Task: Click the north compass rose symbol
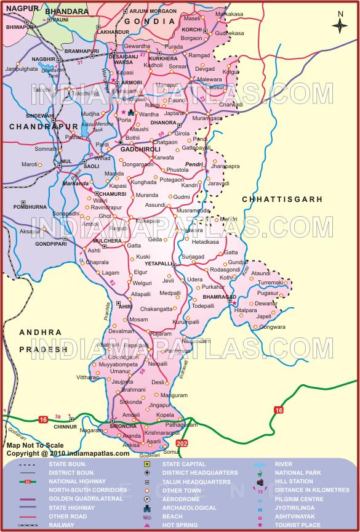(x=340, y=25)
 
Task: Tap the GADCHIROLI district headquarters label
(x=140, y=149)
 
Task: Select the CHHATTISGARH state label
(x=282, y=199)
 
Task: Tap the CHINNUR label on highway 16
(x=65, y=426)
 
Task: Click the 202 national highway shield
(x=182, y=443)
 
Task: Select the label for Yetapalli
(x=158, y=263)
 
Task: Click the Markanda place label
(x=76, y=183)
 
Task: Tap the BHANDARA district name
(x=66, y=11)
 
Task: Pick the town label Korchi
(x=192, y=29)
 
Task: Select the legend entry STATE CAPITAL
(x=186, y=464)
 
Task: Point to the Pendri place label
(x=194, y=166)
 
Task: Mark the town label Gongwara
(x=272, y=327)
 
